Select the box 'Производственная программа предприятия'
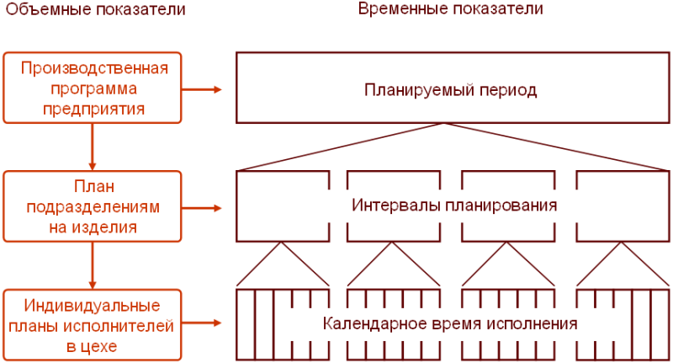(x=92, y=88)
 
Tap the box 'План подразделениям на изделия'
(x=92, y=206)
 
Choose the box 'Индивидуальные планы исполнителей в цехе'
(x=92, y=324)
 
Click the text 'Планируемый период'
(x=451, y=89)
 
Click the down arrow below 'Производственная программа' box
(x=92, y=147)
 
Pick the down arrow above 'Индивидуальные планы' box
(x=92, y=264)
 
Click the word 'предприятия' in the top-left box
(x=93, y=108)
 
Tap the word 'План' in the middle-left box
(x=93, y=187)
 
